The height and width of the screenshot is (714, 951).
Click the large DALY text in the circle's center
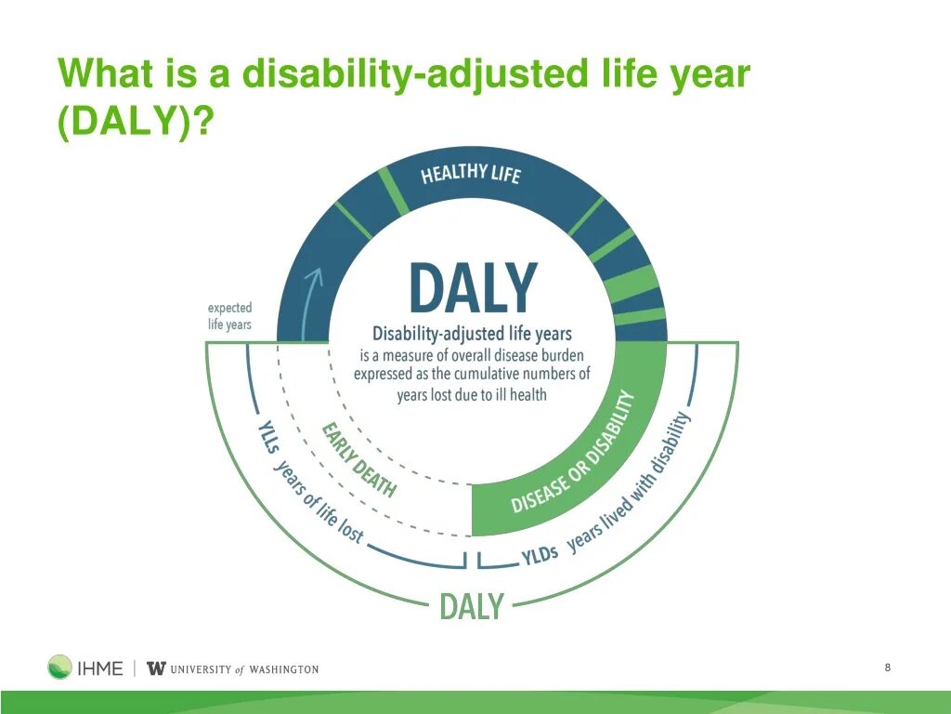coord(474,287)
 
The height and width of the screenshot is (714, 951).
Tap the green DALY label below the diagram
coord(471,606)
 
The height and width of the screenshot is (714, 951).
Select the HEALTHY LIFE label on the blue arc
coord(471,174)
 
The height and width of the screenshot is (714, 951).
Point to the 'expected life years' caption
coord(229,316)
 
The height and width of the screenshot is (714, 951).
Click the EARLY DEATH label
coord(358,459)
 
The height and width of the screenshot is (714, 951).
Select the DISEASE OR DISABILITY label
coord(572,453)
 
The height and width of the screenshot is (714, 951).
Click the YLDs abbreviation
coord(540,554)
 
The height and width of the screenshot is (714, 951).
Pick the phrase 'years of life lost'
coord(319,502)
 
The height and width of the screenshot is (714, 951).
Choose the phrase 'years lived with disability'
coord(630,483)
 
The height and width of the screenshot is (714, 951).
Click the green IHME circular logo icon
coord(59,667)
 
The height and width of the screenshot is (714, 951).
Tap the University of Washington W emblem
coord(156,668)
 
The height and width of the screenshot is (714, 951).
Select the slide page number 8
coord(888,668)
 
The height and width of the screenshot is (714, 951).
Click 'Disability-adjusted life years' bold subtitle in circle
coord(472,334)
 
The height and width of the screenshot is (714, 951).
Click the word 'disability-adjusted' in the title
coord(414,74)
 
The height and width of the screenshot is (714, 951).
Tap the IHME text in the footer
coord(100,668)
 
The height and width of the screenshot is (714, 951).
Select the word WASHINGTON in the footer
coord(284,669)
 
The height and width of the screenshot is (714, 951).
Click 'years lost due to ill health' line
coord(472,394)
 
